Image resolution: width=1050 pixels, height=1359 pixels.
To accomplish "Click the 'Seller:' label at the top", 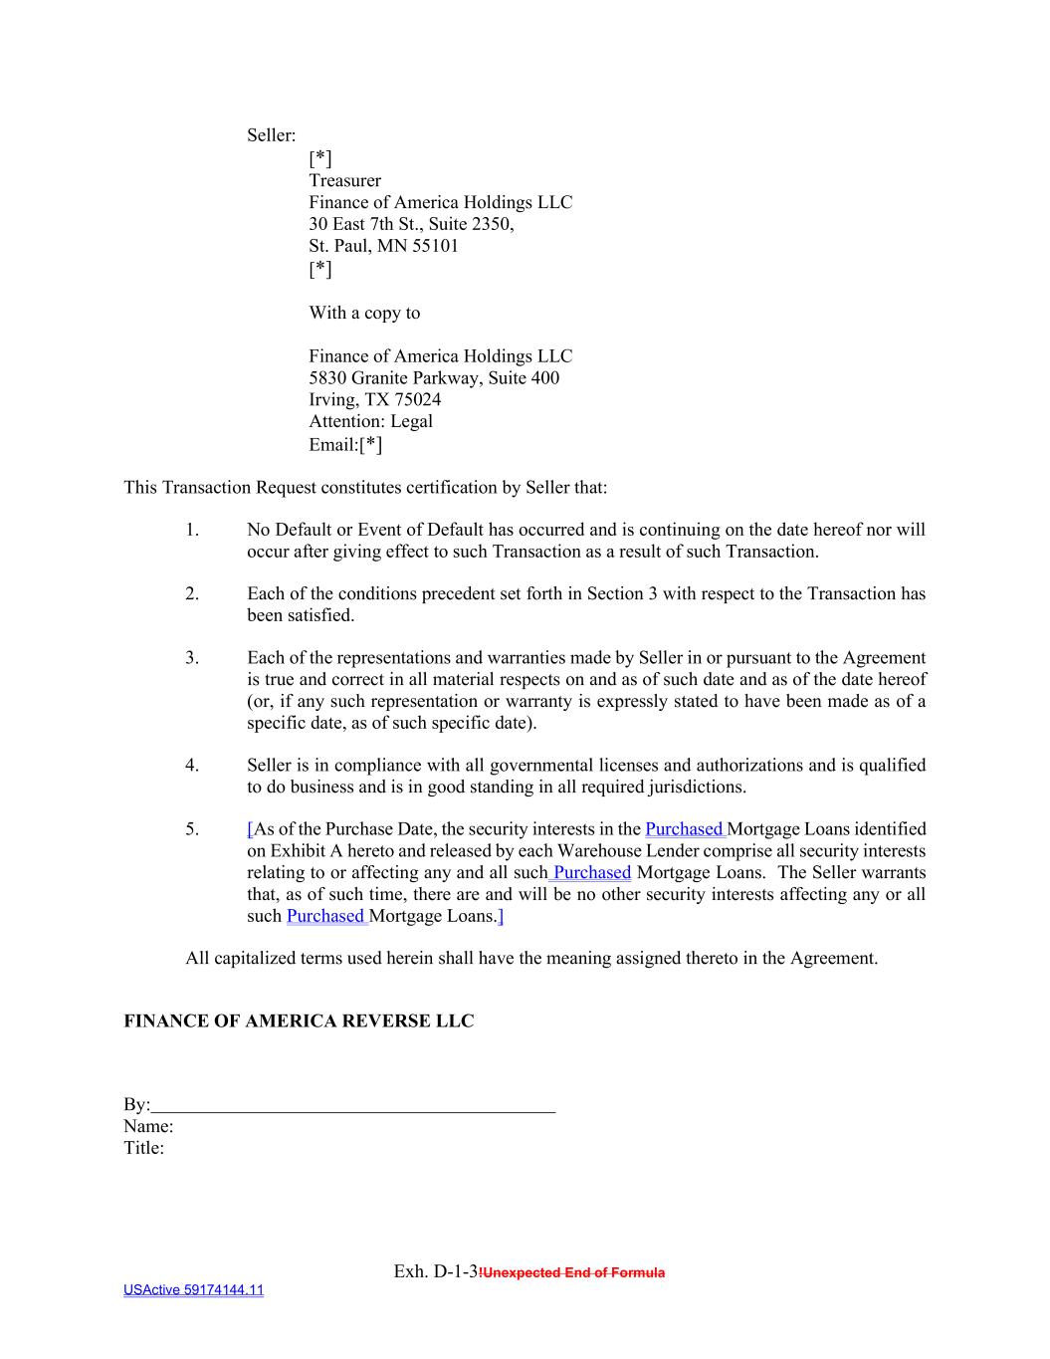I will [271, 135].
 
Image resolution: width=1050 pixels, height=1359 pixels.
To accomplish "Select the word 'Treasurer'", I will [344, 180].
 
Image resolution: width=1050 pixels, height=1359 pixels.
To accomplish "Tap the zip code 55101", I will [436, 246].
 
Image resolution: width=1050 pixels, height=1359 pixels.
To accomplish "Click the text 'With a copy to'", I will [364, 313].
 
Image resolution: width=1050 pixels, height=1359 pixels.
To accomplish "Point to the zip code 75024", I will [417, 400].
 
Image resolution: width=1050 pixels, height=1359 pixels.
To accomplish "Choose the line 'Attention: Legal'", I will [370, 421].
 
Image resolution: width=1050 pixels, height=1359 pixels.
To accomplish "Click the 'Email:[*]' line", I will [345, 444].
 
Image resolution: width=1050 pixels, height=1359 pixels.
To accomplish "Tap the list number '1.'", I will [192, 530].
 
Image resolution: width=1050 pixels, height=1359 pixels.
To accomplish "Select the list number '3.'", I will [192, 658].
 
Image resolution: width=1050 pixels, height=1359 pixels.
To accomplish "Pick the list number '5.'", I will [192, 829].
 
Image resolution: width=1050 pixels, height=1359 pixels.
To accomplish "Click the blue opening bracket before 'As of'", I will [250, 829].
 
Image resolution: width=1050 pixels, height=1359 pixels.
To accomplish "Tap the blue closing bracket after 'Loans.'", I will [501, 916].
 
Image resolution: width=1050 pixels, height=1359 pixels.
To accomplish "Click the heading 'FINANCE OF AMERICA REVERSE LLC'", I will [299, 1021].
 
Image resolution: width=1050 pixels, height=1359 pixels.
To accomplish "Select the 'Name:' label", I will [148, 1127].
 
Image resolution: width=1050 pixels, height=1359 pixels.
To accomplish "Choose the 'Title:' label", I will [144, 1148].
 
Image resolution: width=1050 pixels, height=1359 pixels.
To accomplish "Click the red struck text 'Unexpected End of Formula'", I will [573, 1272].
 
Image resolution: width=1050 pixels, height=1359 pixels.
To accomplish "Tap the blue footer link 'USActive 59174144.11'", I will [194, 1290].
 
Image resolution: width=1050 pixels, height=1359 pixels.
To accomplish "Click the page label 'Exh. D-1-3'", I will [436, 1271].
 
